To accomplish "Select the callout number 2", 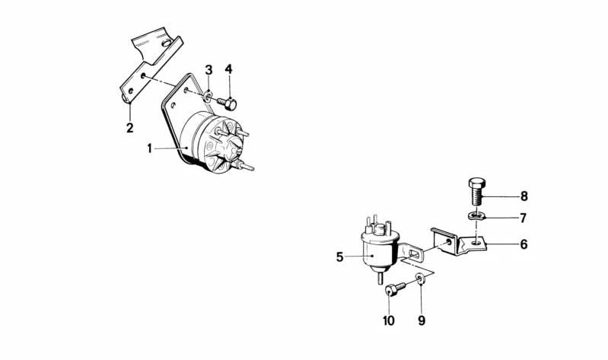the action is pyautogui.click(x=130, y=126).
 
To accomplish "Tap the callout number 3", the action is pyautogui.click(x=208, y=71).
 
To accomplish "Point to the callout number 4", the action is pyautogui.click(x=228, y=69).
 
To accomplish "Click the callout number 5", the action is pyautogui.click(x=340, y=257).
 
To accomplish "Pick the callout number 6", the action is pyautogui.click(x=524, y=245).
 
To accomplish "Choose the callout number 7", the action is pyautogui.click(x=524, y=218).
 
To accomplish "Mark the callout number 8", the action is pyautogui.click(x=524, y=196).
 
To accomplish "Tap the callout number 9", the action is pyautogui.click(x=421, y=320).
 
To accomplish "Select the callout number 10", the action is pyautogui.click(x=389, y=320).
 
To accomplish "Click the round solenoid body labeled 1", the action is pyautogui.click(x=217, y=145).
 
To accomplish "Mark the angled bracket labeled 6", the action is pyautogui.click(x=457, y=241).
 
